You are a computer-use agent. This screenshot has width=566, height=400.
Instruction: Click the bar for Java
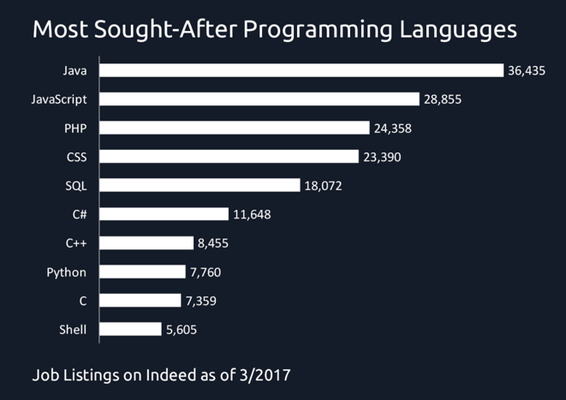point(301,70)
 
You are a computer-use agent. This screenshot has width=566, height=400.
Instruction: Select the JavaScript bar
point(259,99)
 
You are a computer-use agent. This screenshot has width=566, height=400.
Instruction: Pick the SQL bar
point(200,185)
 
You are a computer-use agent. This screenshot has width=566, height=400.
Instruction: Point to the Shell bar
point(130,329)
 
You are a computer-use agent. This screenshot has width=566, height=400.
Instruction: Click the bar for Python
point(142,272)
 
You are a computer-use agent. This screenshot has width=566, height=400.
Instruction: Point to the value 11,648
point(252,214)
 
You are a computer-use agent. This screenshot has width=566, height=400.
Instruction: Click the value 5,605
point(182,329)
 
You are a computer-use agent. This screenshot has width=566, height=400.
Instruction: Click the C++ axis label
point(76,243)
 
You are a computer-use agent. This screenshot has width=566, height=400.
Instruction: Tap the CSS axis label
point(76,157)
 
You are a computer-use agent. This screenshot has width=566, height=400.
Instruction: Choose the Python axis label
point(67,272)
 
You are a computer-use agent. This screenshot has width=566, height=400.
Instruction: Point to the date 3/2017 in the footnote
point(268,375)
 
